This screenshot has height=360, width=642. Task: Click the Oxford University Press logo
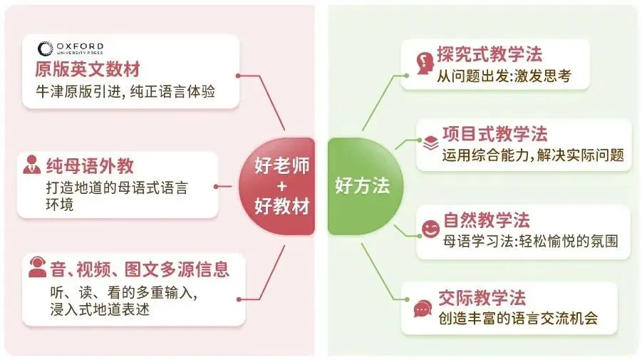click(x=71, y=49)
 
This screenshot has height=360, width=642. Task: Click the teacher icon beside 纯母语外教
click(x=32, y=166)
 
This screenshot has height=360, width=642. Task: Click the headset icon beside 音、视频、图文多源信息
click(x=37, y=269)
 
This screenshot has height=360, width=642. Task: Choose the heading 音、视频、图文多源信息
click(x=139, y=269)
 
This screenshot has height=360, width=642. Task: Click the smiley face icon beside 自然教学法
click(x=430, y=229)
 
